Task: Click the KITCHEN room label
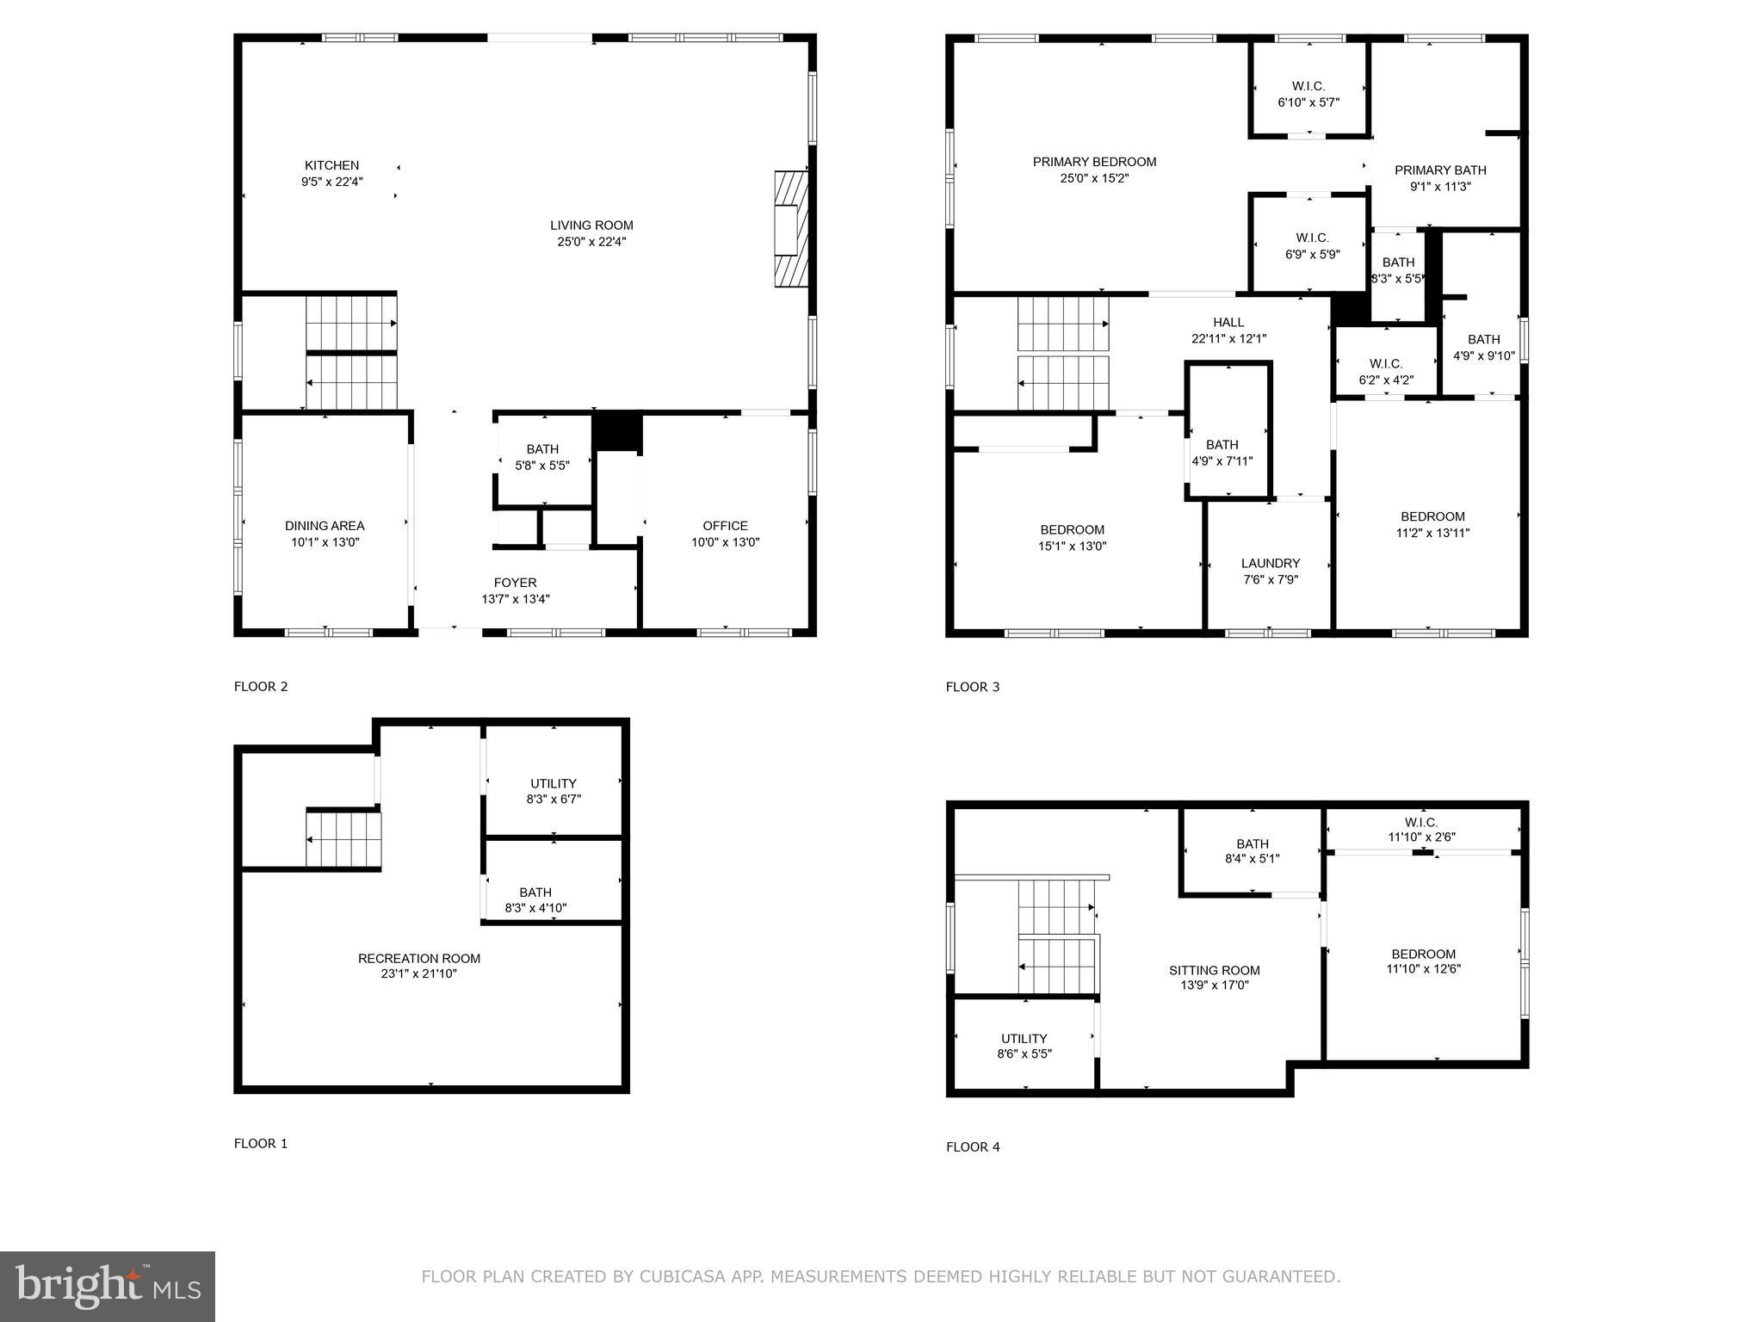(331, 165)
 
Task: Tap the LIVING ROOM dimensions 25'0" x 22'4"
(591, 242)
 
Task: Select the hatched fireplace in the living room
(790, 228)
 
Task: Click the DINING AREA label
(325, 525)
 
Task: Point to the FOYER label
(515, 583)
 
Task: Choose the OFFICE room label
(725, 525)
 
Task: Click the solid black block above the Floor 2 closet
(617, 430)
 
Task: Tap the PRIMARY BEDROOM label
(1094, 162)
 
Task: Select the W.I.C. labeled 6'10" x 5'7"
(1308, 94)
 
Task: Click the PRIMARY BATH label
(1440, 170)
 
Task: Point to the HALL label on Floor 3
(1228, 322)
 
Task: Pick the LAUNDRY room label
(1270, 563)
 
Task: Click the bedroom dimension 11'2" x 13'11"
(1432, 533)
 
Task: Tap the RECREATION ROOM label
(419, 958)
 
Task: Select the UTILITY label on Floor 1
(553, 783)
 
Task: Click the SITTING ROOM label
(1214, 970)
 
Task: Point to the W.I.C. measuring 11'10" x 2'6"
(1421, 829)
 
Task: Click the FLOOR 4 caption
(973, 1146)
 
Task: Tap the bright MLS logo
(108, 1286)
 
